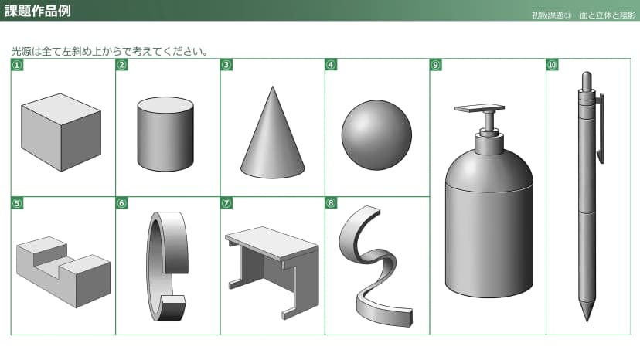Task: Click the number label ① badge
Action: coord(17,65)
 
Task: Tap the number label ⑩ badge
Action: coord(552,65)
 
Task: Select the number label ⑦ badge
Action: coord(226,203)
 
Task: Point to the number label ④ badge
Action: coord(331,65)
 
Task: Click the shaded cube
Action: coord(61,132)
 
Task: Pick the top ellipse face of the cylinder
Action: coord(165,105)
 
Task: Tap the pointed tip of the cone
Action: coord(273,87)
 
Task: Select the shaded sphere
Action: coord(376,135)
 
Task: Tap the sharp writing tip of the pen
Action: coord(587,320)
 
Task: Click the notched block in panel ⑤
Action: coord(63,272)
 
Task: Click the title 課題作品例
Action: coord(38,11)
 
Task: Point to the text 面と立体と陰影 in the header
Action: coord(608,15)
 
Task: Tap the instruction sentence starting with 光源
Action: coord(111,52)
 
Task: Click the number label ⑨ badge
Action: coord(435,65)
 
